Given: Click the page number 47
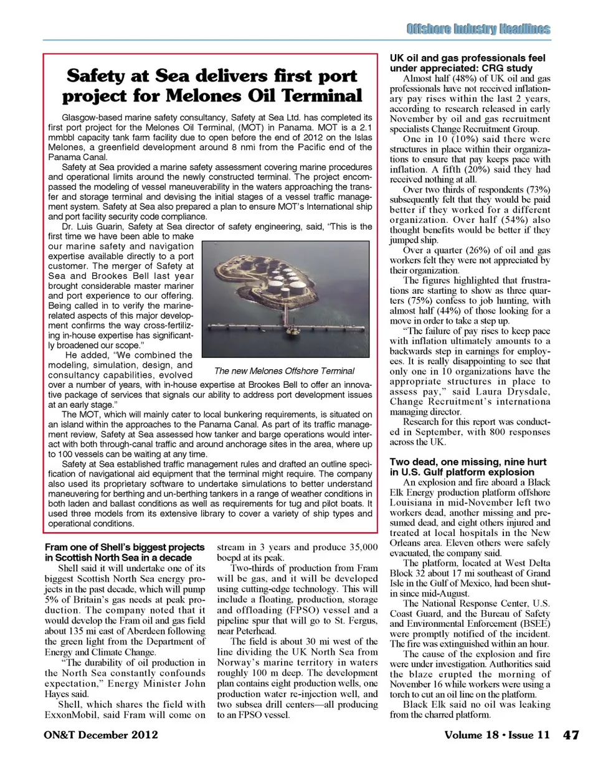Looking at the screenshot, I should click(571, 735).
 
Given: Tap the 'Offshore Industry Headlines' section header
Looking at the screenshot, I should click(478, 29).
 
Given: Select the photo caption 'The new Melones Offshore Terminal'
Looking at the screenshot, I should click(284, 370).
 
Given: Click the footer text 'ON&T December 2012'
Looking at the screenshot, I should click(101, 735).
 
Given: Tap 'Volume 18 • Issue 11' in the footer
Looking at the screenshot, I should click(496, 735).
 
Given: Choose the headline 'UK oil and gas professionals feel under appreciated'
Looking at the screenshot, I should click(467, 63).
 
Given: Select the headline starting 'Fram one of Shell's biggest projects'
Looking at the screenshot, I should click(125, 552).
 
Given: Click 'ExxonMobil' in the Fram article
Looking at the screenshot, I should click(71, 715).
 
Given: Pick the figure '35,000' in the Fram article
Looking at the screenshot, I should click(364, 547).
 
